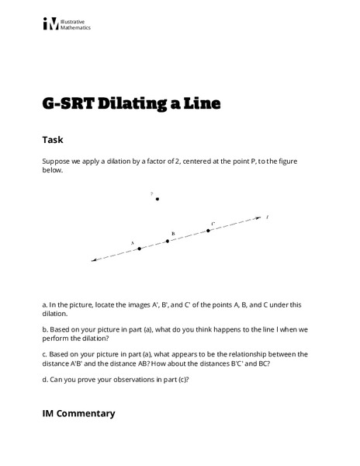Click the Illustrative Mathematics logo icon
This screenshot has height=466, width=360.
50,24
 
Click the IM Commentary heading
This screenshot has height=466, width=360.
78,413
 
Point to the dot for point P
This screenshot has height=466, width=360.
157,199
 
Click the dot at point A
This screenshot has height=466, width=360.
140,249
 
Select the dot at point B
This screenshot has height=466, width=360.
168,241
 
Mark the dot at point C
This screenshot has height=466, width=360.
208,230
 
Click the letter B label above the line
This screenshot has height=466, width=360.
173,233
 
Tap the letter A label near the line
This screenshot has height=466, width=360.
133,242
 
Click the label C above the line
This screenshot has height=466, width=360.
213,224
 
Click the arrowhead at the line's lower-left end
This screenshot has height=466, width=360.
94,260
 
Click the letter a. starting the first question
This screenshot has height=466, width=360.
44,304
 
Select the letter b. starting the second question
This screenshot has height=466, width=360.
44,329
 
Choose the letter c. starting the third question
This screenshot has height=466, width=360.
44,353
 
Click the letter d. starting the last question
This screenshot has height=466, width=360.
44,378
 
